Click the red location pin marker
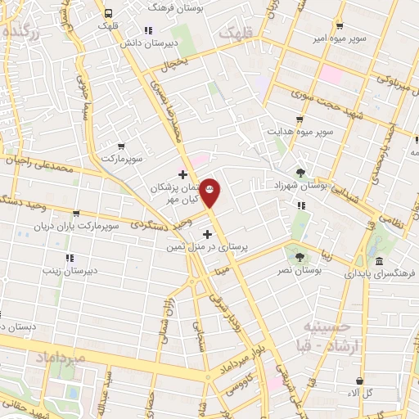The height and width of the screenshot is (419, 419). tap(210, 191)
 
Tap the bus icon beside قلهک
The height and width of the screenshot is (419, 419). tap(108, 12)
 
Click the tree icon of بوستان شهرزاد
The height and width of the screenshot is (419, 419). tap(302, 173)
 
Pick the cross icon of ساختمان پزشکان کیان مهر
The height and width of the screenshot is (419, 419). tap(182, 174)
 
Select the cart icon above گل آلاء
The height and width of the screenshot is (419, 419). tap(358, 381)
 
